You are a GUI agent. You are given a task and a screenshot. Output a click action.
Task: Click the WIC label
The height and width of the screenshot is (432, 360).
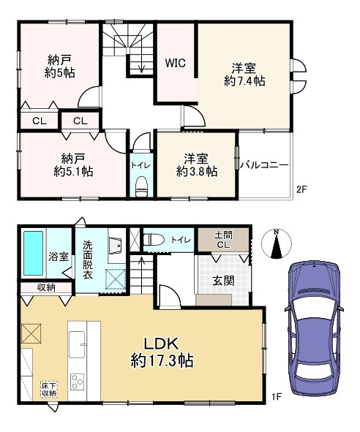(x=176, y=63)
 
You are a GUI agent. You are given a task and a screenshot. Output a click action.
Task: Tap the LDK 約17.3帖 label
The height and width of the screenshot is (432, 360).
(x=162, y=352)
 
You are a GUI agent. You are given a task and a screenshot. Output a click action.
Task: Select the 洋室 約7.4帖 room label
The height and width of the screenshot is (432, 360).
(x=244, y=75)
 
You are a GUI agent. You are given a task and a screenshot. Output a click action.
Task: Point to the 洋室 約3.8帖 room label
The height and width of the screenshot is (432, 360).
(x=197, y=165)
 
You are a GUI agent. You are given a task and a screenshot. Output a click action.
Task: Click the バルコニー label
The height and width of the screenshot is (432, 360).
(x=264, y=165)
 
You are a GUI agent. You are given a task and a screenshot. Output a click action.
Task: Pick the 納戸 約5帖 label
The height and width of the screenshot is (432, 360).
(x=59, y=66)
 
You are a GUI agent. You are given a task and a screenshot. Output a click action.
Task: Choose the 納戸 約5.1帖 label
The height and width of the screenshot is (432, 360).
(x=73, y=165)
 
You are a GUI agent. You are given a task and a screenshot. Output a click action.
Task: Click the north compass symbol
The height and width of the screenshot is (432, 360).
(x=276, y=244)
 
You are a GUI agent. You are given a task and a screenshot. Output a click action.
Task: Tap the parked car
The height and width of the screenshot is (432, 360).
(x=315, y=329)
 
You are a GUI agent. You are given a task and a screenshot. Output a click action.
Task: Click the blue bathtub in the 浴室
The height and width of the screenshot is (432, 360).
(x=33, y=253)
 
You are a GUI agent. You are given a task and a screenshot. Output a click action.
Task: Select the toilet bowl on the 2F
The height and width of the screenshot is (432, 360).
(x=142, y=186)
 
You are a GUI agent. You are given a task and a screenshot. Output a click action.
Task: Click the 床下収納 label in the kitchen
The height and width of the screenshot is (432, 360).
(x=49, y=389)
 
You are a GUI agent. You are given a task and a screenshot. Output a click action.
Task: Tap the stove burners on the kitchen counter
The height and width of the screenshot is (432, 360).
(x=77, y=382)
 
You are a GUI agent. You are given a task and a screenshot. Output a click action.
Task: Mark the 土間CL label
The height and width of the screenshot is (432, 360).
(x=223, y=240)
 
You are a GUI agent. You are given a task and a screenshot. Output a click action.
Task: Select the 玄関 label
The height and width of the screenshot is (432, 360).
(x=223, y=281)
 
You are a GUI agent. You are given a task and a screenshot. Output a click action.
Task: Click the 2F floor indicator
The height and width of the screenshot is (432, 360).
(x=301, y=189)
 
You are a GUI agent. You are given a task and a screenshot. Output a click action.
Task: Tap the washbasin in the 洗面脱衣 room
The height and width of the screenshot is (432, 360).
(x=116, y=246)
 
